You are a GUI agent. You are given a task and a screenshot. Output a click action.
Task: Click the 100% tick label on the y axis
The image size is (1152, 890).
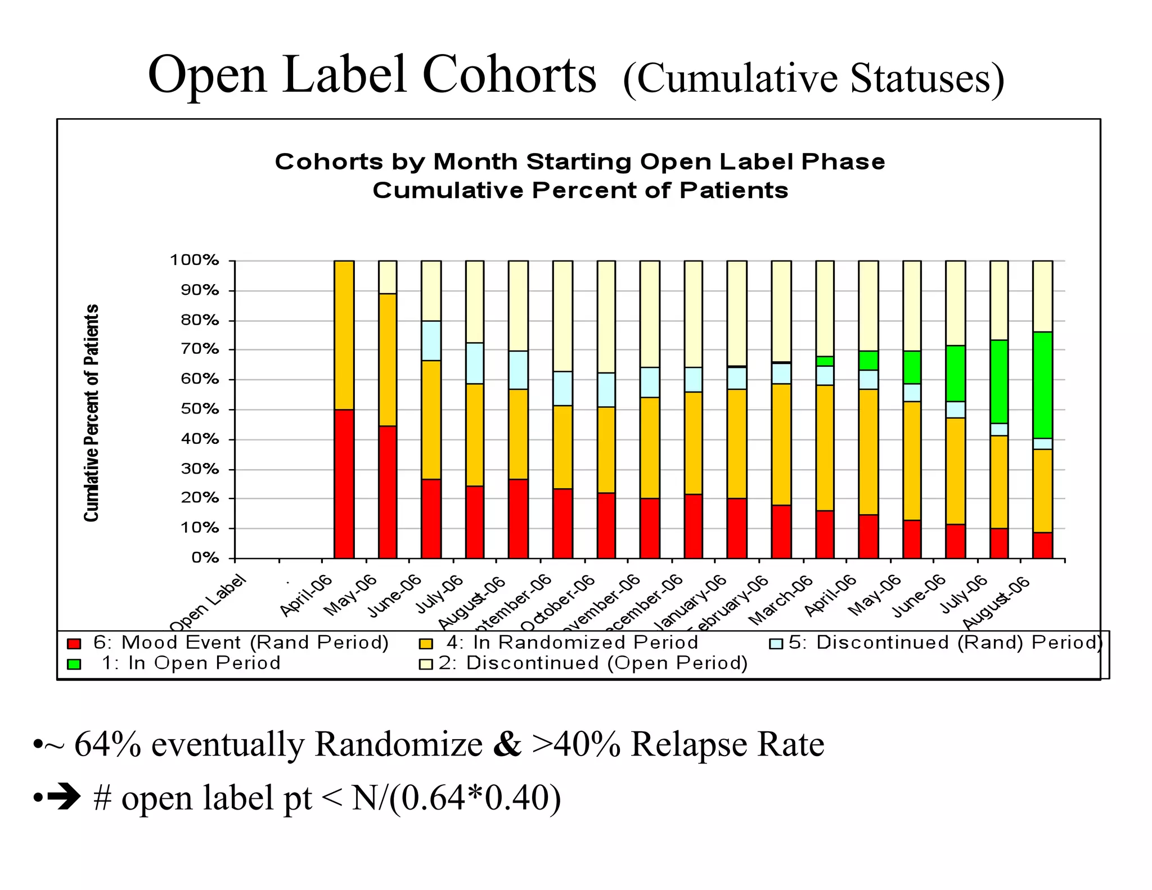point(194,260)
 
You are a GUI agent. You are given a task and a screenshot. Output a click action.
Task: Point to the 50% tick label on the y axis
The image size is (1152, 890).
point(200,409)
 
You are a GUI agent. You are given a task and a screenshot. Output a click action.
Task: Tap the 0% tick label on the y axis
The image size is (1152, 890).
point(205,558)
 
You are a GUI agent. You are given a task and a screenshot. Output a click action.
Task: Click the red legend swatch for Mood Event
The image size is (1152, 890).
point(74,644)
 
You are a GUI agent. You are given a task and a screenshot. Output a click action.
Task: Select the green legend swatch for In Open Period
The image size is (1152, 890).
point(74,664)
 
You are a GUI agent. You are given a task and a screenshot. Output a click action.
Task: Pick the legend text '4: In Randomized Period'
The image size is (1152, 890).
point(571,642)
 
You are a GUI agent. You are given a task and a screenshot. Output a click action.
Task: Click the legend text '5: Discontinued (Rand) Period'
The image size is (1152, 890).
point(945,642)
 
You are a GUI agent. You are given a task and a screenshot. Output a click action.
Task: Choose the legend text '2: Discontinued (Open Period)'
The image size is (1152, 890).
point(593,663)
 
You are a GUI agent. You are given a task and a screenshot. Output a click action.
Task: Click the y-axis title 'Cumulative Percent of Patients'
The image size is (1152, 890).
point(92,413)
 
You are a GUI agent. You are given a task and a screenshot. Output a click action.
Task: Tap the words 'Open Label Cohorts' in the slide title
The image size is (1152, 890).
point(372,75)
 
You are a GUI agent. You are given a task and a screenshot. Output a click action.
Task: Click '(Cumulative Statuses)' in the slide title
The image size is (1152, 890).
point(813,79)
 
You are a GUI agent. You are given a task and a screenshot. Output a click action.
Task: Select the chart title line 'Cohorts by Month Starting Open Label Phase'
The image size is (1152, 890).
point(580,162)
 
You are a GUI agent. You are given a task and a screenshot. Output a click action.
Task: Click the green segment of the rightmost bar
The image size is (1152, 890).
point(1042,385)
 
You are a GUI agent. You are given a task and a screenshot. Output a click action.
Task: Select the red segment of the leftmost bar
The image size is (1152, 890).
point(344,484)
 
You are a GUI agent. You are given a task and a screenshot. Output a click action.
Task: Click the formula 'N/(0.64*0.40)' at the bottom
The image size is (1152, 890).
point(456,798)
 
